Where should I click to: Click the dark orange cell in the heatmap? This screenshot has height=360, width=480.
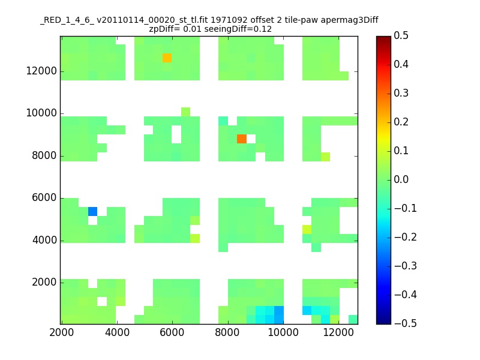pos(242,139)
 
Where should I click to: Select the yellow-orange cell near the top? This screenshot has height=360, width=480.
pos(167,58)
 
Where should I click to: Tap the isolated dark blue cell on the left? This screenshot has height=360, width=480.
pos(93,212)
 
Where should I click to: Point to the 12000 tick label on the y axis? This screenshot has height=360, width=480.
pos(41,71)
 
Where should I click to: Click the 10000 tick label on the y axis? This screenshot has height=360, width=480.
pos(41,113)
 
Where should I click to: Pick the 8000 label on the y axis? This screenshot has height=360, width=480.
pos(44,155)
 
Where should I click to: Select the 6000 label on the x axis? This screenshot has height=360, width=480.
pos(172,332)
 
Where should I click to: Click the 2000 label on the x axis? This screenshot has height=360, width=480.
pos(62,332)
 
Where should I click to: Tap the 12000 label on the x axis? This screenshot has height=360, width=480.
pos(338,332)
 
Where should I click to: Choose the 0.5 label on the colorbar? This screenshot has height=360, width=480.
pos(401,35)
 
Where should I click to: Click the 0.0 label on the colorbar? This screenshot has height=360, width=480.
pos(401,179)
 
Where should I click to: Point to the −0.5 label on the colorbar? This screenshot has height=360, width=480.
pos(406,323)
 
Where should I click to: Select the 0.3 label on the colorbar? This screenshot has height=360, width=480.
pos(401,93)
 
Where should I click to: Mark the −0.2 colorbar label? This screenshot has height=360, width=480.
pos(406,237)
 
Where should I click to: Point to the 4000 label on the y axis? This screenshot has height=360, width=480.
pos(44,240)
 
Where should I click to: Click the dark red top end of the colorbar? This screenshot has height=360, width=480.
pos(383,38)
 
